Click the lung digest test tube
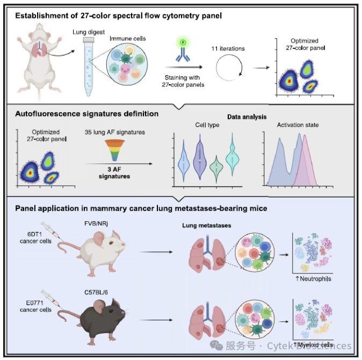[89, 67]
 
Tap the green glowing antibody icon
[183, 49]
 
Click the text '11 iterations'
[228, 48]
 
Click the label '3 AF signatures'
[114, 172]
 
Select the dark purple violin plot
[200, 157]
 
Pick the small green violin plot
[216, 169]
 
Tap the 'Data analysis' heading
[247, 117]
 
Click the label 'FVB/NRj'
[96, 224]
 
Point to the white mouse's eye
[111, 243]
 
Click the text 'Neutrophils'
[315, 279]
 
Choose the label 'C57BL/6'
[96, 292]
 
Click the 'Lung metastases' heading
[207, 225]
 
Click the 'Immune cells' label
[128, 39]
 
